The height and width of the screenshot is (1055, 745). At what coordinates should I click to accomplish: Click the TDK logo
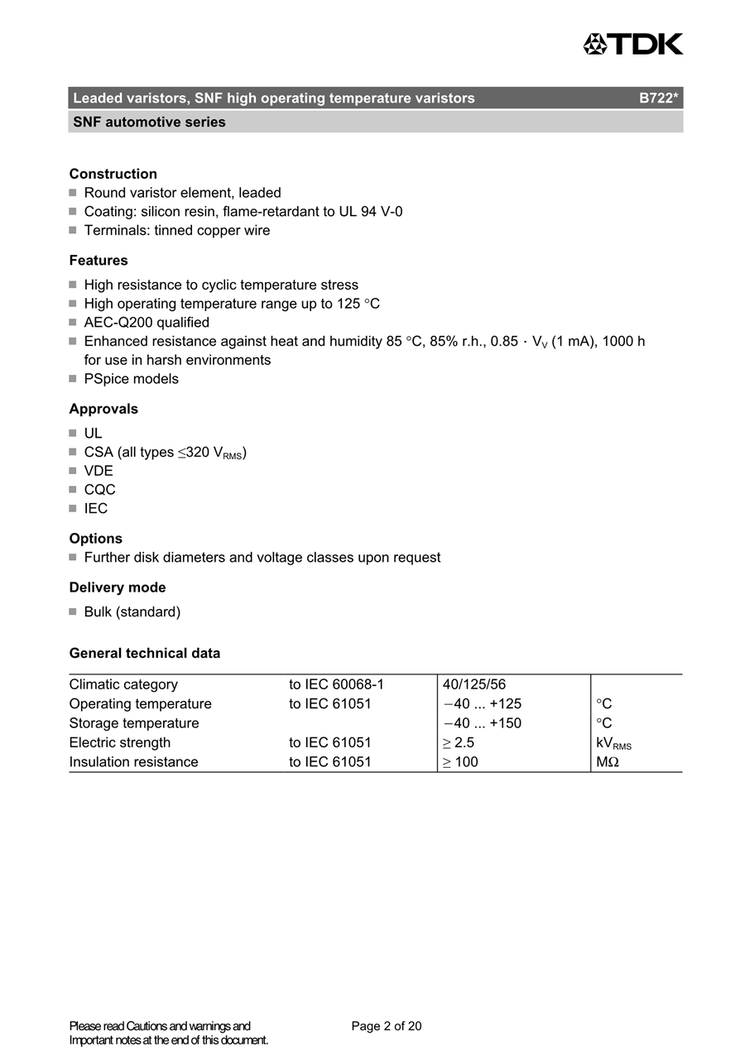(633, 44)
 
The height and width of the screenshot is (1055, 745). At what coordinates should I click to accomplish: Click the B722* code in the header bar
(659, 98)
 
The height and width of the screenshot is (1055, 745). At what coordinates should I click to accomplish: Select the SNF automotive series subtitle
(149, 122)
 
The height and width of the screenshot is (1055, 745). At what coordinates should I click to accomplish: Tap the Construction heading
(113, 174)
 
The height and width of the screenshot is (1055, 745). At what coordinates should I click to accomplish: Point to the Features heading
(99, 261)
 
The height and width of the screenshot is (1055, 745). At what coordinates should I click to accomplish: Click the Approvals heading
(103, 409)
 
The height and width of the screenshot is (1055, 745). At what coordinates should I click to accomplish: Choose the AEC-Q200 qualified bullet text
(147, 323)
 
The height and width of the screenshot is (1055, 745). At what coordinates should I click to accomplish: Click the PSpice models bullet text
(131, 379)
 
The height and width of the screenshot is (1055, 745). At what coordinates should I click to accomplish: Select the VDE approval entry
(99, 471)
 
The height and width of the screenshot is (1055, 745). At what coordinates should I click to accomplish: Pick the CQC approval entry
(99, 490)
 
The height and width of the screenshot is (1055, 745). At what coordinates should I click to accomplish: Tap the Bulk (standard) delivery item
(132, 612)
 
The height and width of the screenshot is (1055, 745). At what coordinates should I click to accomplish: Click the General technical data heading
(145, 654)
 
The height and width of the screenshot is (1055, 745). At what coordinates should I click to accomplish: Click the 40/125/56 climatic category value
(474, 685)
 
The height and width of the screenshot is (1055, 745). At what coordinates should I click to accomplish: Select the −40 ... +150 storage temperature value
(483, 723)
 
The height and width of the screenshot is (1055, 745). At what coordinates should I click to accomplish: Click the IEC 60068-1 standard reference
(336, 685)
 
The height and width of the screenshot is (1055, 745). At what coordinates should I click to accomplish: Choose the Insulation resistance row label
(134, 762)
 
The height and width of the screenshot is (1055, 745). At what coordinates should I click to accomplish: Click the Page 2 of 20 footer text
(387, 1026)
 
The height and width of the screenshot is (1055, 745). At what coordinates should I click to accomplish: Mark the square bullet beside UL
(73, 434)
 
